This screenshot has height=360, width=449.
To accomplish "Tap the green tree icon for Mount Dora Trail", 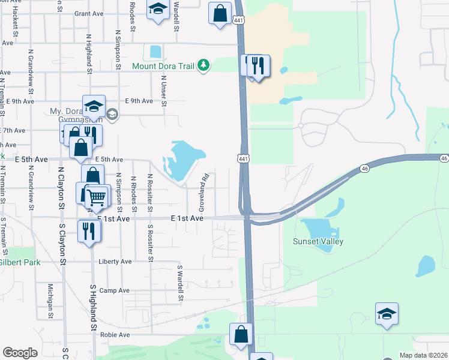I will coord(204,65).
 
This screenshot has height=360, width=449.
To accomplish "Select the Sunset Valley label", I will coord(318,241).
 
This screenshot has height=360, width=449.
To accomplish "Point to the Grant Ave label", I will coord(89,13).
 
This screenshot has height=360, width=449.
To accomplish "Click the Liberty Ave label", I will coord(115,262).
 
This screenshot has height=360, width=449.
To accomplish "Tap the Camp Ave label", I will coord(114,290).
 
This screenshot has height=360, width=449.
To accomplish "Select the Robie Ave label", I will coord(115,335).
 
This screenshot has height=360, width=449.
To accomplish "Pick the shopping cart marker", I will coord(97,196).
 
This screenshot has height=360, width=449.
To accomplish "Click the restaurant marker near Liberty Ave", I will coord(88,230).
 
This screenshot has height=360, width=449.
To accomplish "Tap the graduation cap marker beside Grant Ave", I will coord(158,9).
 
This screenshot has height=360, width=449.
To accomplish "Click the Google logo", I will coord(20,353).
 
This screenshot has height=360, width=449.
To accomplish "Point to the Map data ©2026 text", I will coord(424,355).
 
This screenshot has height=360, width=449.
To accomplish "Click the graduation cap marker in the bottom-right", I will coord(387,313).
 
